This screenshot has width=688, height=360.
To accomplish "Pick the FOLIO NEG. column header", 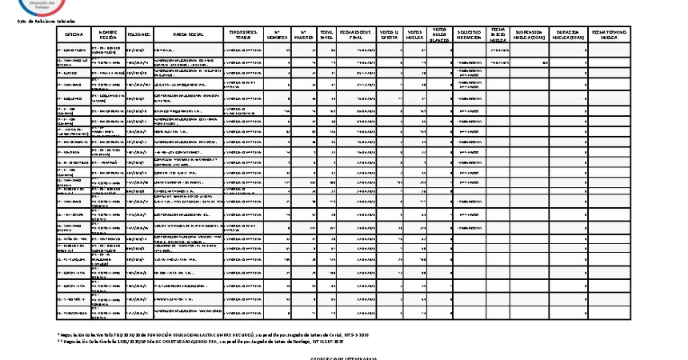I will [140, 35].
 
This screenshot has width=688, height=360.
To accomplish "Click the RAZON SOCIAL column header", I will [188, 35].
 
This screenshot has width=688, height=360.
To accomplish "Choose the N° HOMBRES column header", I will [277, 35].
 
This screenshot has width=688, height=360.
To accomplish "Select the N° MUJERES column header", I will [303, 35].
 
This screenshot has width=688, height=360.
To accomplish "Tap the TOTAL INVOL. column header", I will [326, 35].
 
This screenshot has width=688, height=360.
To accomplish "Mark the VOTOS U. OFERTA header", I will [388, 35].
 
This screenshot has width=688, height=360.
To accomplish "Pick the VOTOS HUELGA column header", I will [414, 35].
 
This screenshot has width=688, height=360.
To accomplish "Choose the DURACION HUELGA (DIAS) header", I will [568, 35].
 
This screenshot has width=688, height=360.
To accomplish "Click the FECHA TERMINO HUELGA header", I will [609, 35].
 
